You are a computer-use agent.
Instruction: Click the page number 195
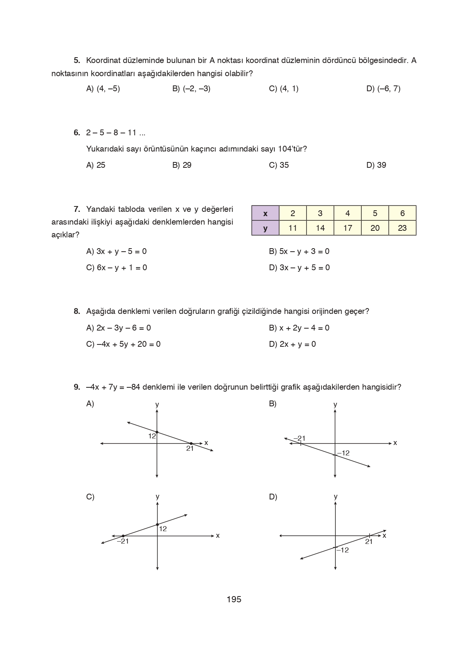click(x=234, y=599)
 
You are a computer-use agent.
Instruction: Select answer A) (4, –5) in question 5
click(x=103, y=89)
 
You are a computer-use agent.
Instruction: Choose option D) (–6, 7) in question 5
click(x=383, y=89)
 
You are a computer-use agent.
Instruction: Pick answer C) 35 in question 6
click(x=279, y=165)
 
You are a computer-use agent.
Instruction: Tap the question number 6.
click(x=77, y=133)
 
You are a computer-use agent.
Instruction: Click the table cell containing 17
click(x=347, y=228)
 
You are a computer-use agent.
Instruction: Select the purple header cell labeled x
click(x=265, y=213)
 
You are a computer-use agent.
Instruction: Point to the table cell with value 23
click(x=402, y=228)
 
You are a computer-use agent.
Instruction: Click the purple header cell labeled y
click(x=265, y=228)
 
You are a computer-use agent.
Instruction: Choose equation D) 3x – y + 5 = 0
click(x=299, y=268)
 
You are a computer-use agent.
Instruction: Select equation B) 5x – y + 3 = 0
click(x=299, y=251)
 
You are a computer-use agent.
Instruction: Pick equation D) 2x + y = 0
click(x=292, y=344)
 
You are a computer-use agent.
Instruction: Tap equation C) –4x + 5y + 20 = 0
click(x=123, y=344)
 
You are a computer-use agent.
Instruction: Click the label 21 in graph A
click(x=190, y=449)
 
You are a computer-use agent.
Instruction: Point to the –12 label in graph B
click(x=343, y=453)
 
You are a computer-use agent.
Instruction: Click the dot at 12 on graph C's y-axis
click(x=157, y=525)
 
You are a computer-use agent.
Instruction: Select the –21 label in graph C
click(x=123, y=541)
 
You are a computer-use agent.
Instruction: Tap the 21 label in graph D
click(x=369, y=542)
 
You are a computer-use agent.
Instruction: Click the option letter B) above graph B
click(x=272, y=404)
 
